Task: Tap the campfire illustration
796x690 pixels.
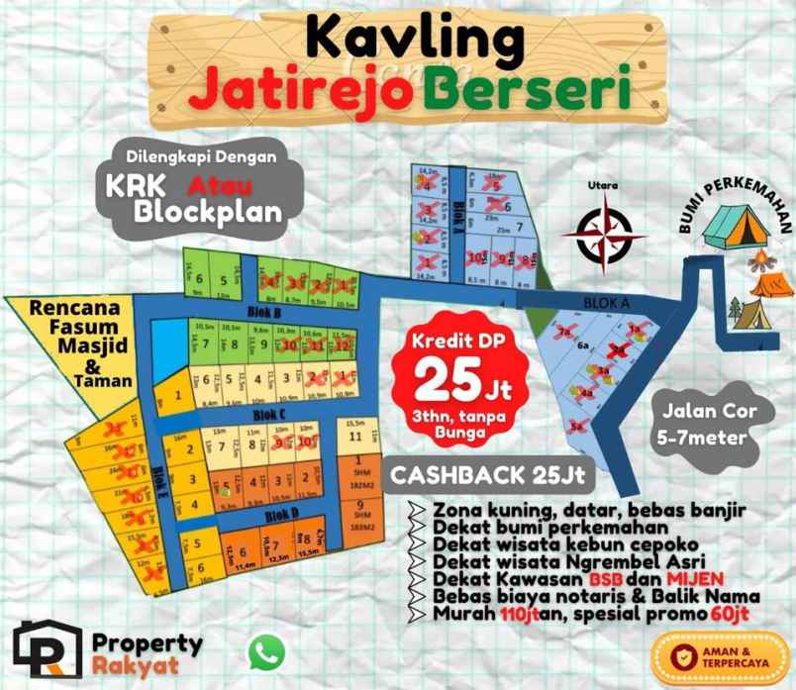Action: (x=763, y=261)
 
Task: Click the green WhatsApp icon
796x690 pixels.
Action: (x=266, y=651)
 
